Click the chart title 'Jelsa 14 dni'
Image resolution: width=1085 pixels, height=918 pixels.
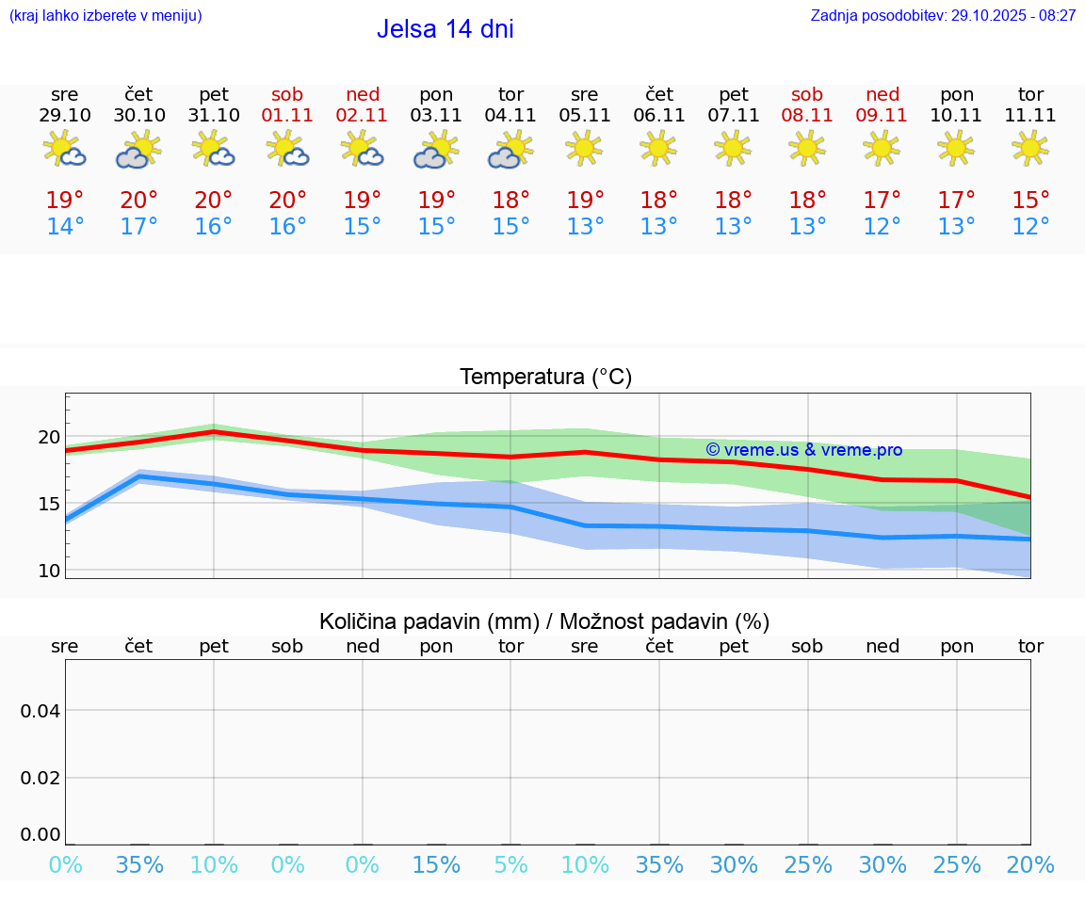click(x=445, y=29)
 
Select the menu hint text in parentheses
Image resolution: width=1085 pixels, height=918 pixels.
click(x=105, y=15)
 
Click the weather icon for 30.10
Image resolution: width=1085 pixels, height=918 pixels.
click(x=138, y=149)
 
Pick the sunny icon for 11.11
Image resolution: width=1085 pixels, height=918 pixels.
click(x=1030, y=147)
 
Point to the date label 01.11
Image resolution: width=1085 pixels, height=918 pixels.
click(x=287, y=115)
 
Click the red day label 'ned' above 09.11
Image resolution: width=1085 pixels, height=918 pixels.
click(x=882, y=94)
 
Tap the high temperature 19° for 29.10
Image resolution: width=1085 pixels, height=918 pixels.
click(x=65, y=200)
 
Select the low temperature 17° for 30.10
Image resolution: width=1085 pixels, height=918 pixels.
click(x=138, y=227)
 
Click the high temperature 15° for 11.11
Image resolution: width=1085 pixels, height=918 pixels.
click(x=1030, y=200)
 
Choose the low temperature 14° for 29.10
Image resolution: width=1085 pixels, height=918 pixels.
click(x=65, y=227)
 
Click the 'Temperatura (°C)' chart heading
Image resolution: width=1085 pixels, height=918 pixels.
click(x=545, y=377)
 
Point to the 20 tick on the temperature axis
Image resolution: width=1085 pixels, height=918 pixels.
click(x=49, y=437)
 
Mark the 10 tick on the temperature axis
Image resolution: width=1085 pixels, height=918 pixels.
click(x=49, y=571)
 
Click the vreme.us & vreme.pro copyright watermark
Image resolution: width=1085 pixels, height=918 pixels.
click(x=803, y=450)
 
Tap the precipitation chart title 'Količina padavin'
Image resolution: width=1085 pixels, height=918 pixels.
click(x=544, y=621)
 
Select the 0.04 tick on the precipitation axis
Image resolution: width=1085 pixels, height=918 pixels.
click(x=40, y=711)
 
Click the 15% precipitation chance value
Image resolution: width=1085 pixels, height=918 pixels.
click(x=436, y=864)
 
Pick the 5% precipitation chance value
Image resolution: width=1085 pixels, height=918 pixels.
click(x=510, y=864)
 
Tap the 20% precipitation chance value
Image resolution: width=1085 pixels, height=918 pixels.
click(x=1030, y=864)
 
